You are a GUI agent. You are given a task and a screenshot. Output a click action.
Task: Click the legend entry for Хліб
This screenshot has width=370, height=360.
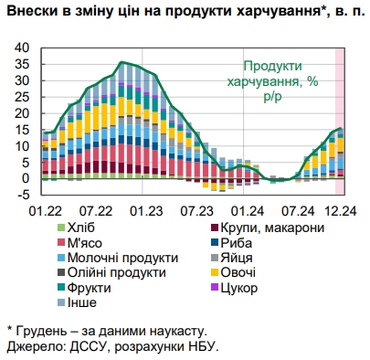coord(83,228)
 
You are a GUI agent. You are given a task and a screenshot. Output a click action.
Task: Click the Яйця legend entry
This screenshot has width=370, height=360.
coord(238,258)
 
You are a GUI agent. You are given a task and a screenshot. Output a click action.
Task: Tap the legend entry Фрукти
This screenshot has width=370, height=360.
coord(90,288)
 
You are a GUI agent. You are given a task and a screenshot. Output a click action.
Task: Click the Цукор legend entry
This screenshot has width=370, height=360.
coord(240,288)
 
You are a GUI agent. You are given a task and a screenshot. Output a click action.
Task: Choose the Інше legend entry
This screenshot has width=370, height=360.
coord(83,302)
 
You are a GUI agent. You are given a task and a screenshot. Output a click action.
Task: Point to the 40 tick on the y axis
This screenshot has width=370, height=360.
coord(25,47)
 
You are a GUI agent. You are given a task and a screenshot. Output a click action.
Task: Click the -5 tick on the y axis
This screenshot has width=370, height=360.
coord(26,194)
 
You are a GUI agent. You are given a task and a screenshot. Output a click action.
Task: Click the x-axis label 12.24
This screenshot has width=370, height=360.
coord(339,209)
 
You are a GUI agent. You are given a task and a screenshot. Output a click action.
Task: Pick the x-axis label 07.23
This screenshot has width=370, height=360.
coord(197,209)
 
